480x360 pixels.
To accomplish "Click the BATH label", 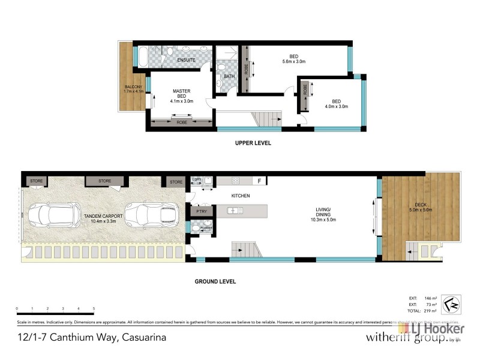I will [x=229, y=76].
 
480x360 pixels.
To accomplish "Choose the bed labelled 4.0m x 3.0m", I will [x=337, y=104].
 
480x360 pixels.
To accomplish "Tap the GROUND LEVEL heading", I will [x=215, y=281].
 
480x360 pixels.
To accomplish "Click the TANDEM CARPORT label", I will [x=103, y=218].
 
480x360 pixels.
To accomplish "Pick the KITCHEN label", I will [x=240, y=196].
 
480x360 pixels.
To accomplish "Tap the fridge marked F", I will [x=259, y=181].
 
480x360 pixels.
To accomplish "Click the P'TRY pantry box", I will [x=200, y=211].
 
